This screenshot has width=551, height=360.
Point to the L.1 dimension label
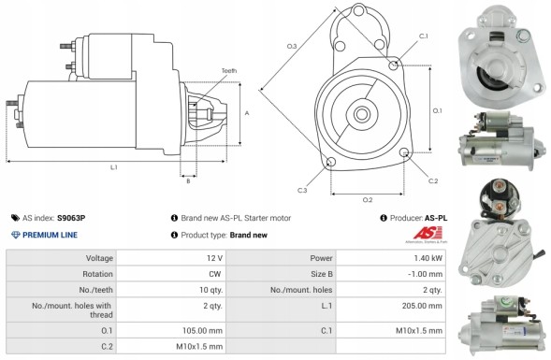113,167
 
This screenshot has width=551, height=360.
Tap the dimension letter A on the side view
246,113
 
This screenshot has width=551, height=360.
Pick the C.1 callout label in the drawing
423,36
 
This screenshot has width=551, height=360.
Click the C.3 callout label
302,191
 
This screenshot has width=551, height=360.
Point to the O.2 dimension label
368,200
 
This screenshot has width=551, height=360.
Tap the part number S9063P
71,217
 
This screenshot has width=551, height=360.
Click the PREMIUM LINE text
51,235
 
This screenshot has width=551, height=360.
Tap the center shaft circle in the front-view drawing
360,113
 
